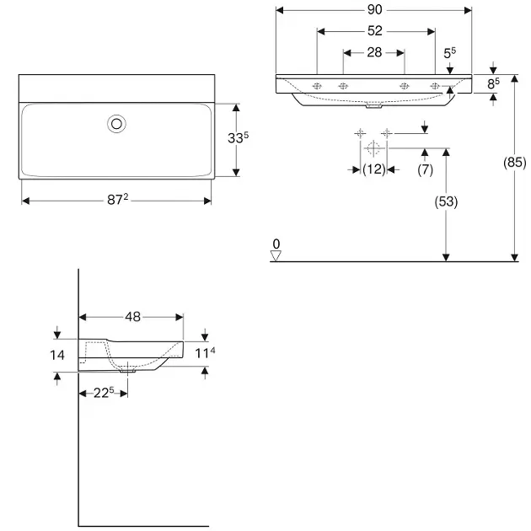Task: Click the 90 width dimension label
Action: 374,10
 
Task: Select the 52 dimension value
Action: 374,31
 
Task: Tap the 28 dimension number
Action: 374,52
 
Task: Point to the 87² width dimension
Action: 117,200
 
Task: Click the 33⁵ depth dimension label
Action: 238,137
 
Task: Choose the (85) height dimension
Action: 514,162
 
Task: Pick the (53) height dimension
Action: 446,201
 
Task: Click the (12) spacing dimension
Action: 374,169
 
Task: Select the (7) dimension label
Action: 425,169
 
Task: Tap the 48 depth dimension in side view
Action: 132,317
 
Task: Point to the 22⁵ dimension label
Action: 104,393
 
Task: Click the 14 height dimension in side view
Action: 57,355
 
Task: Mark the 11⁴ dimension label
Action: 205,353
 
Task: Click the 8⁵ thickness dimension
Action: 493,83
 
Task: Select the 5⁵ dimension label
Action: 450,53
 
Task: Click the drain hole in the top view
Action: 116,124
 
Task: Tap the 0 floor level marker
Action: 276,244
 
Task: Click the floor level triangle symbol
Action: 276,255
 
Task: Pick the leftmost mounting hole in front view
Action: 317,86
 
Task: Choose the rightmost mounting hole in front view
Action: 435,86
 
